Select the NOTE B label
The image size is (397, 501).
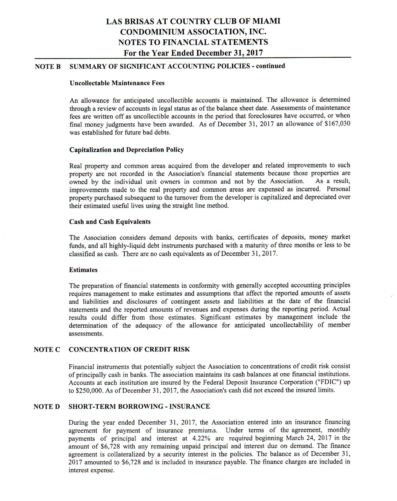48,67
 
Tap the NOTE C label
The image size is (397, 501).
47,350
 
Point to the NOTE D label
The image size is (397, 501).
47,407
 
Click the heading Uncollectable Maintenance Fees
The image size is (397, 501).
117,83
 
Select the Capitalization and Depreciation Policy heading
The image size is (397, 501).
127,150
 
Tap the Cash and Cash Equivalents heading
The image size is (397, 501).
110,222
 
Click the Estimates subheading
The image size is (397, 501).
83,270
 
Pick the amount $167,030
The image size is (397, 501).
337,124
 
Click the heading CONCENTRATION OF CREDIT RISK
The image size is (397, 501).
129,350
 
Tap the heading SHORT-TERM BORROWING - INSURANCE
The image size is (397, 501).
139,407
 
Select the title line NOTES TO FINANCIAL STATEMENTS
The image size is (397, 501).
193,42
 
